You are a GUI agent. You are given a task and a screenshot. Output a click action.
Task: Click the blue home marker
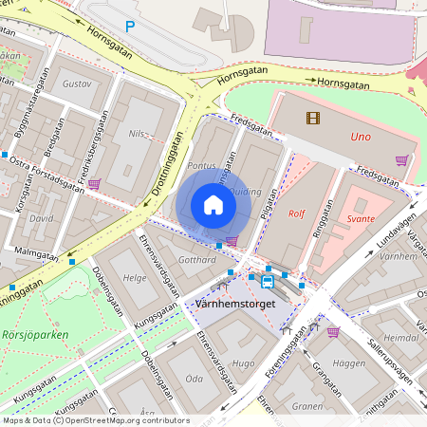pos(213,204)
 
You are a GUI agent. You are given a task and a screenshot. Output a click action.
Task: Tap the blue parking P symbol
pos(130,28)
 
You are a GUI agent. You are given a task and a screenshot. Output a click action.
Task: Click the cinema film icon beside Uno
pos(313,118)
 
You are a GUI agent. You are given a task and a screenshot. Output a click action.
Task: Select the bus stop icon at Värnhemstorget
pos(269,281)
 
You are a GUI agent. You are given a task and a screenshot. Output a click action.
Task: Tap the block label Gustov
pos(75,84)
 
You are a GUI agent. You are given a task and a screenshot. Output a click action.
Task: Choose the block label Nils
pos(139,134)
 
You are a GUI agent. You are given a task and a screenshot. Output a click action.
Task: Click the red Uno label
pos(360,135)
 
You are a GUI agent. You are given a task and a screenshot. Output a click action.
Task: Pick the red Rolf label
pos(295,213)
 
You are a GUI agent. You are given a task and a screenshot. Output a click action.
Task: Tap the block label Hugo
pos(244,363)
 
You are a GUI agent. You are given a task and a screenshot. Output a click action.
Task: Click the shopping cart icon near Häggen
pos(333,331)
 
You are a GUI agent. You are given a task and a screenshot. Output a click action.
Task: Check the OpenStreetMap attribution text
pos(96,419)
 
